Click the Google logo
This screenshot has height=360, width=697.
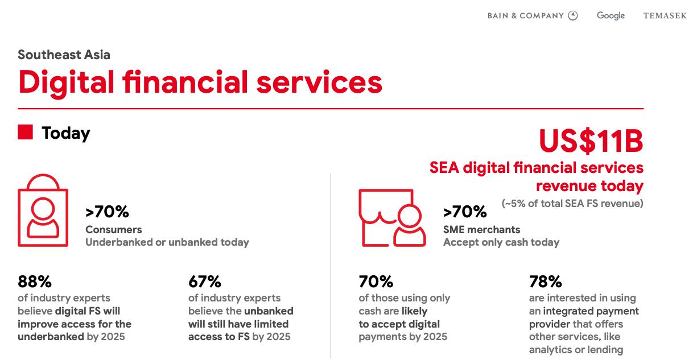[611, 16]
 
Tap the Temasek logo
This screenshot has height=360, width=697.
[665, 15]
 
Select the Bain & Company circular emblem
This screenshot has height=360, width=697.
[573, 15]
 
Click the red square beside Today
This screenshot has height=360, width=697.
[25, 132]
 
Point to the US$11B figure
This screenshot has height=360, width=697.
[591, 141]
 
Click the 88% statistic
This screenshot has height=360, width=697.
[35, 282]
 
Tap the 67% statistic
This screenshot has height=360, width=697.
[205, 282]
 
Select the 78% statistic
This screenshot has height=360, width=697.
[546, 282]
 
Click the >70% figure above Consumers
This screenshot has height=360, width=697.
[107, 212]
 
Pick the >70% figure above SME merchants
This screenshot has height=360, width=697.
[465, 212]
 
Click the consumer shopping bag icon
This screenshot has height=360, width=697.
[43, 210]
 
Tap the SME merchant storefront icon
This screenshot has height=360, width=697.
[392, 217]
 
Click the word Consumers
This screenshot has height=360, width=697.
[114, 230]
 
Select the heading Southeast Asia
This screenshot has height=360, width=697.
[64, 55]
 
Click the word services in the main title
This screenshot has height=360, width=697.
[320, 82]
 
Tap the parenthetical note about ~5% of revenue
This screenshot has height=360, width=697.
[572, 204]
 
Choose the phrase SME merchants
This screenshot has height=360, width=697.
[482, 230]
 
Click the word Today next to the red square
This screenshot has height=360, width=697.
[65, 134]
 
